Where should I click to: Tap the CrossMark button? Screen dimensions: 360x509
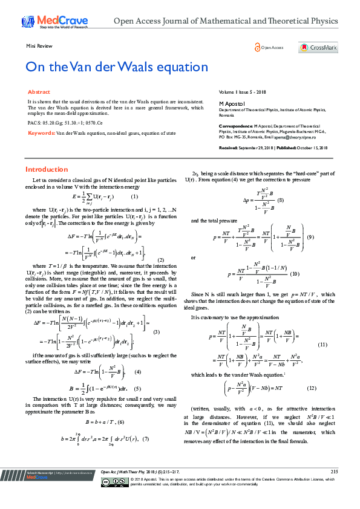316,47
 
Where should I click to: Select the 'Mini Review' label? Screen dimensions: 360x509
39,46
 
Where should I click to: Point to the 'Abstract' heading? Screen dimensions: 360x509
39,92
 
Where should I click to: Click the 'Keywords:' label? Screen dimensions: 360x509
42,132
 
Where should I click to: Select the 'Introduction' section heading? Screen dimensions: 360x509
47,169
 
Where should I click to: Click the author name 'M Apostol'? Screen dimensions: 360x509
231,104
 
